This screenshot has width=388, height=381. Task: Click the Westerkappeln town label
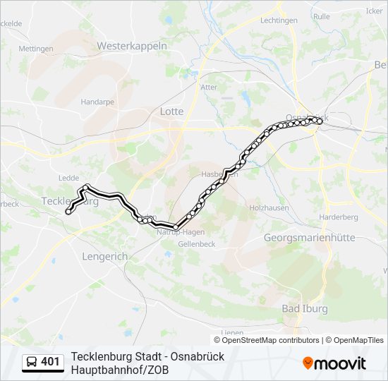131,46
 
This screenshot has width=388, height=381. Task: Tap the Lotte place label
172,111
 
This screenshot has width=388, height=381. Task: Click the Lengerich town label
104,257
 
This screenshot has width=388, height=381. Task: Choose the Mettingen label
36,49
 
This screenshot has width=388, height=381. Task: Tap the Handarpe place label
97,102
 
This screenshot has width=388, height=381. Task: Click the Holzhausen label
269,207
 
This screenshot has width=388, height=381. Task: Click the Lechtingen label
279,20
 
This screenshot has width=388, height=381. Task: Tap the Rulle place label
321,16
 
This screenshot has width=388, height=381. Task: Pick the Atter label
210,87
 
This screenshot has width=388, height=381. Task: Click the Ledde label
69,178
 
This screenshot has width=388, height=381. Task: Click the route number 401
50,362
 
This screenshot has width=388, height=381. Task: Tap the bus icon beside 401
32,362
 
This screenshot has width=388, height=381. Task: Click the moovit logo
334,363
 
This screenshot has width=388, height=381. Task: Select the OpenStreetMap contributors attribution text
271,340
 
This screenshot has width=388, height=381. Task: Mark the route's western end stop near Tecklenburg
68,211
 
